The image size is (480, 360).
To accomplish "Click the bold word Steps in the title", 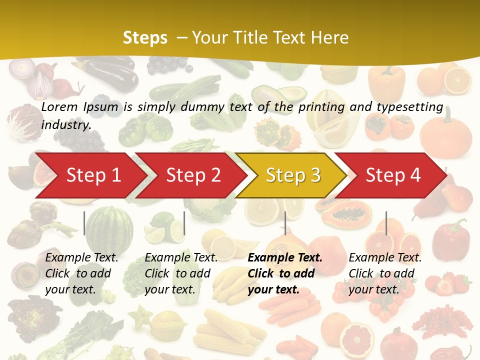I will [145, 37].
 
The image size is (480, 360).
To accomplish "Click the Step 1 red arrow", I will [90, 175].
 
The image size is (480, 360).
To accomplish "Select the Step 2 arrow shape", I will [192, 175].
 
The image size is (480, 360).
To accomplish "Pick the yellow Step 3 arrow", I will [292, 175].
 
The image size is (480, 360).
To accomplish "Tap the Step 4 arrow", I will [392, 175].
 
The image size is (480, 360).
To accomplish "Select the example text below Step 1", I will [81, 273].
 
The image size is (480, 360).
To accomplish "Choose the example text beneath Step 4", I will [385, 273].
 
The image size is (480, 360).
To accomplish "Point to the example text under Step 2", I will [181, 273].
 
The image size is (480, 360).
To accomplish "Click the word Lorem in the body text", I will [59, 106].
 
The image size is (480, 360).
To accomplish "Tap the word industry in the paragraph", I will [65, 125].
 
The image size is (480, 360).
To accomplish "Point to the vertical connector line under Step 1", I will [84, 223].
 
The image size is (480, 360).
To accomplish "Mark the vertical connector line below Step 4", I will [386, 223].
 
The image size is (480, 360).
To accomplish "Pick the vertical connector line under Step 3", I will [285, 223].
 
